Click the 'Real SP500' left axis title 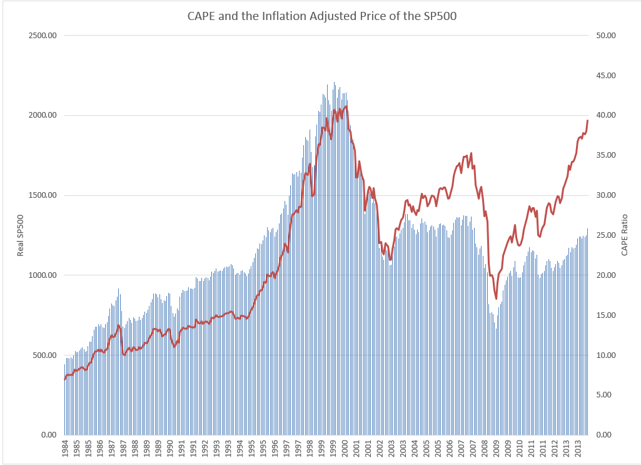tap(20, 235)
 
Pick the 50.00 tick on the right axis tap(606, 36)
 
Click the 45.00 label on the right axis tap(606, 76)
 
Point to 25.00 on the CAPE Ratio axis tap(606, 235)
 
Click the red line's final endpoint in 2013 tap(587, 120)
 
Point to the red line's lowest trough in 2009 tap(496, 299)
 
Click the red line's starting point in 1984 tap(64, 379)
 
